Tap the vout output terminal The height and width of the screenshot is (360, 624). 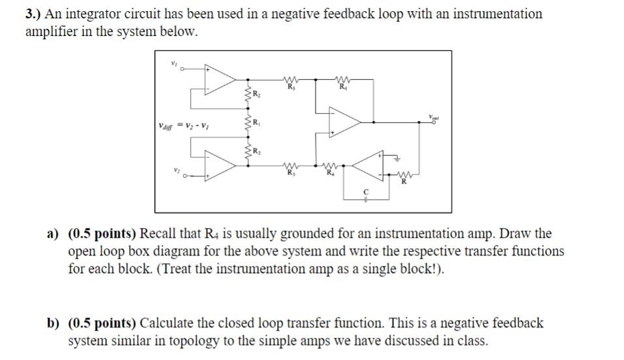pos(435,122)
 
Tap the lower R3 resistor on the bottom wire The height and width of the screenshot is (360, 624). pos(289,166)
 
